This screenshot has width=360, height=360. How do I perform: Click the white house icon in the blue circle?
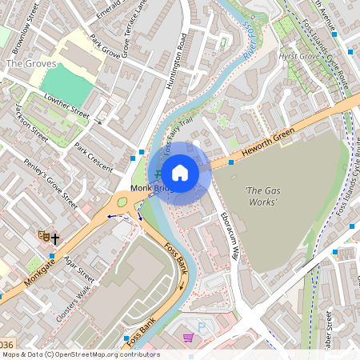point(180,173)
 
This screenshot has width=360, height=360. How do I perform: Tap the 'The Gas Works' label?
point(261,196)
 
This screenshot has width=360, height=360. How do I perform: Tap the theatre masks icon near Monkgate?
point(43,237)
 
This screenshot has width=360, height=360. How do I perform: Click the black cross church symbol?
point(55,238)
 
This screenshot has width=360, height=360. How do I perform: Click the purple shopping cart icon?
point(189,338)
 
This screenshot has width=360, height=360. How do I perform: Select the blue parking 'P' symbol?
point(202,327)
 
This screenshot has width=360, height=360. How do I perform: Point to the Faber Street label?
point(329,330)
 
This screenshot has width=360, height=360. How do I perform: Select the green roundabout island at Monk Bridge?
point(122,202)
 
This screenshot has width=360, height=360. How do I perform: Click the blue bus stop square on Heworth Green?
point(230,163)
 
